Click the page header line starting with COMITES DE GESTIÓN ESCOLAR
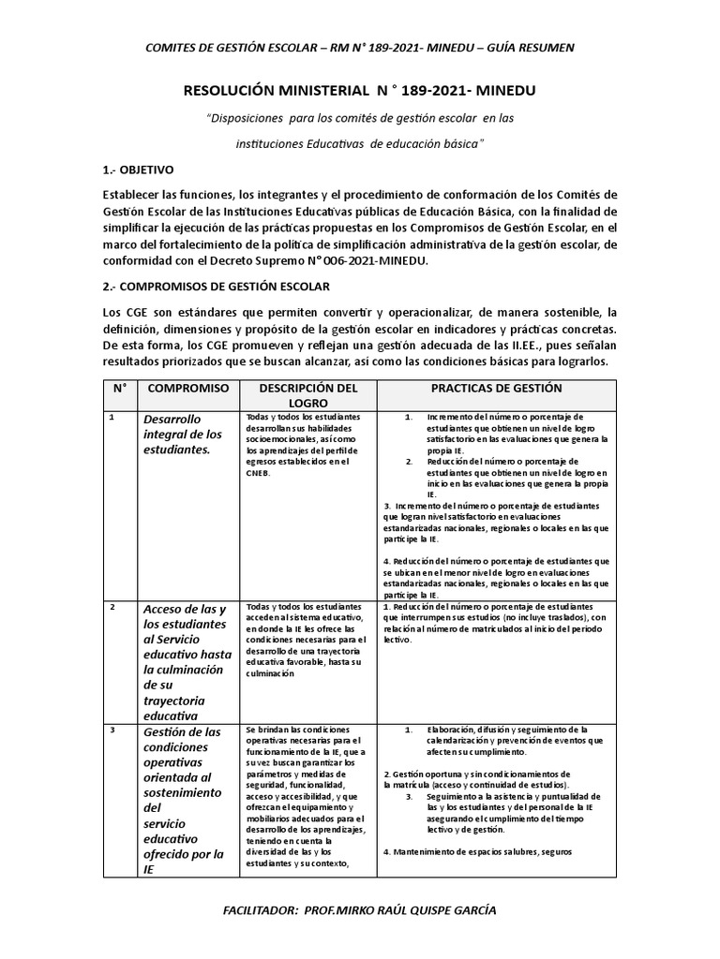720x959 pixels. (360, 47)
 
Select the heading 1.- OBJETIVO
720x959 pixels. (138, 170)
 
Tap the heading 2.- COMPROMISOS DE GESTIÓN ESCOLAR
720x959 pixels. (215, 286)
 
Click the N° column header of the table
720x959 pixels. (119, 388)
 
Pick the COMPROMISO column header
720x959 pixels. (187, 388)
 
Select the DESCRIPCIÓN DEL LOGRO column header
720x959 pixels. (295, 395)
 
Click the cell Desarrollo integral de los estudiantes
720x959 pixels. (183, 434)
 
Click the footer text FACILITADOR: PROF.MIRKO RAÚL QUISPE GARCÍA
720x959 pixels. (359, 910)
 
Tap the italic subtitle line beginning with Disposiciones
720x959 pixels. (360, 118)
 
